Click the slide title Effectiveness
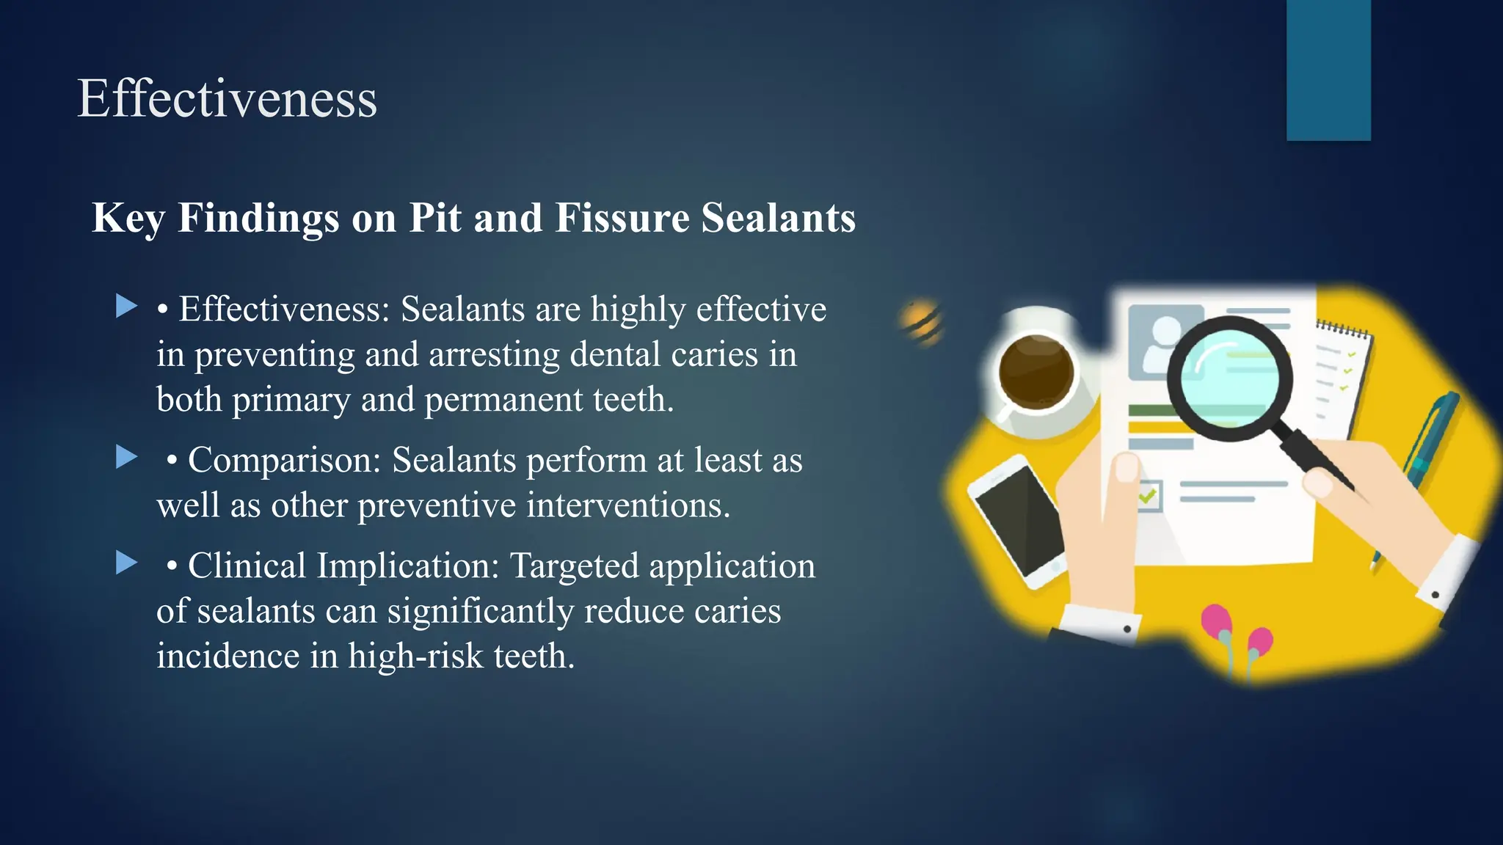227,98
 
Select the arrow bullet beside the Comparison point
127,457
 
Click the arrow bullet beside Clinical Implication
127,563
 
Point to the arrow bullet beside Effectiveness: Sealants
127,306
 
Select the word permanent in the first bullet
503,400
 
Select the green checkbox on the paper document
1148,497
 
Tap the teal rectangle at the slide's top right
1328,70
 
